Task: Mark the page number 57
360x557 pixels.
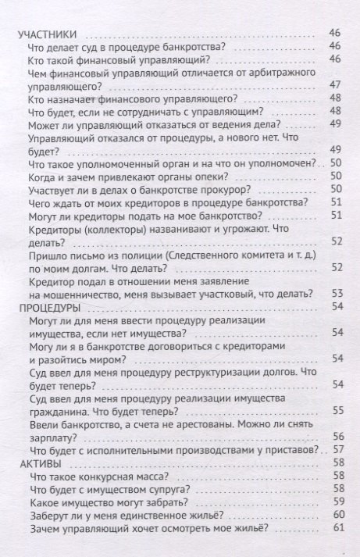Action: pos(337,451)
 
